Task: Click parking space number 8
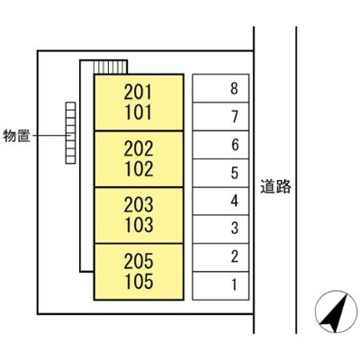click(x=234, y=88)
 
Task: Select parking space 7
click(x=234, y=116)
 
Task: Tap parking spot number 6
click(x=234, y=144)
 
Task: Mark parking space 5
click(x=234, y=173)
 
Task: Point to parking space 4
click(x=234, y=201)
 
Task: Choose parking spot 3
click(x=234, y=229)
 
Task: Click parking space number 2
click(x=234, y=257)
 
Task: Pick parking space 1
click(x=234, y=285)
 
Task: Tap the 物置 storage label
click(x=17, y=136)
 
